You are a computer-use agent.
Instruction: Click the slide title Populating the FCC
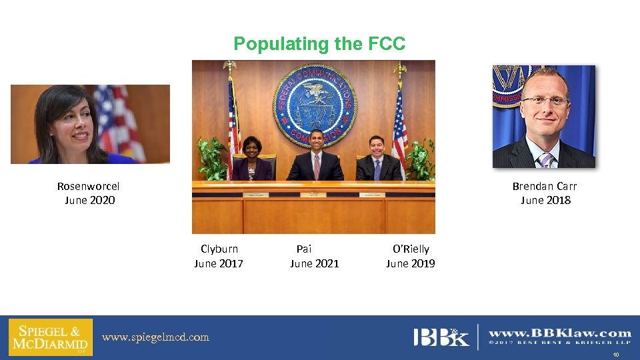point(319,44)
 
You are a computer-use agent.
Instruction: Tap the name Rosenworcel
point(89,186)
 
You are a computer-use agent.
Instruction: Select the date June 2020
point(90,200)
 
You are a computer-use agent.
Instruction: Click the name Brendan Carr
point(544,186)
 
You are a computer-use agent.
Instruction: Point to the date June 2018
point(545,200)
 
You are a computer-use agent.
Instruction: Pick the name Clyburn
point(219,249)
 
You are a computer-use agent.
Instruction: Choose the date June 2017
point(219,263)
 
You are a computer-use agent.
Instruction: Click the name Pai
point(304,249)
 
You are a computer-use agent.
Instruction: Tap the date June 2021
point(315,263)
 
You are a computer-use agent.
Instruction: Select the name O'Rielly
point(411,249)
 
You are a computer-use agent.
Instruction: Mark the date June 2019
point(411,263)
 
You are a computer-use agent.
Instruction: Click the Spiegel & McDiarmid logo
point(51,337)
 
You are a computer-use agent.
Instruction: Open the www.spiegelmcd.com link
point(155,337)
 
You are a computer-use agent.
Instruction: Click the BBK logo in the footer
point(441,336)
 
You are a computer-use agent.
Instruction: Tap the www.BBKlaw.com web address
point(560,333)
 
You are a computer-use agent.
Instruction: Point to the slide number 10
point(617,355)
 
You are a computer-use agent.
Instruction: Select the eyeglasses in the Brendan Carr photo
point(545,101)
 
